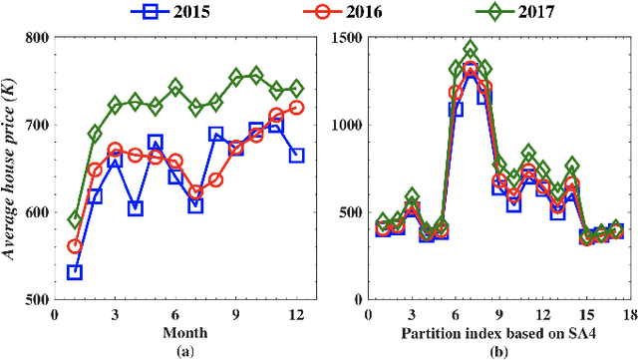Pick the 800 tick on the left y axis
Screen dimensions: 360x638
[38, 38]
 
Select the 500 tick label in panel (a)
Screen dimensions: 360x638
[38, 299]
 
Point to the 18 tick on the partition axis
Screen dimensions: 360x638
[629, 313]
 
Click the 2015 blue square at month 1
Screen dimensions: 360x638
[74, 272]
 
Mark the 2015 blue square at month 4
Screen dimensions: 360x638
[135, 208]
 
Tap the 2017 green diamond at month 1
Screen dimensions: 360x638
[74, 219]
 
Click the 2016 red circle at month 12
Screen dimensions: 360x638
[296, 107]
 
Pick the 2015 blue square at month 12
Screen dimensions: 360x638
[296, 156]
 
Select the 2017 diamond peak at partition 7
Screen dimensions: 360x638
[470, 49]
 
